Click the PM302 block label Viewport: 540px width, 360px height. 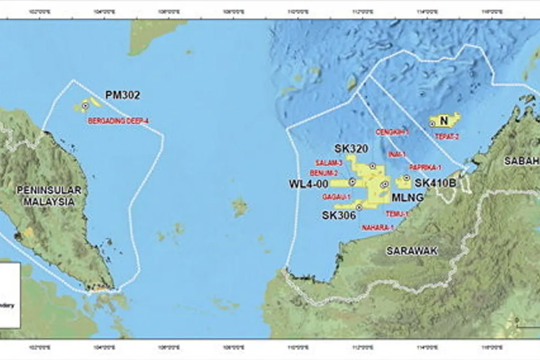point(122,95)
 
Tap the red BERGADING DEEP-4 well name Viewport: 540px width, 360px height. point(118,120)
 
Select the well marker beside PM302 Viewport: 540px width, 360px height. point(85,105)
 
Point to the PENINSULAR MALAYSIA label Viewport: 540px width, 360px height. point(50,196)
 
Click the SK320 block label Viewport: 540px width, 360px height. point(351,149)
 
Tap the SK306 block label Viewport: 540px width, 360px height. point(339,216)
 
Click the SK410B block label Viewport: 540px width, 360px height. point(435,182)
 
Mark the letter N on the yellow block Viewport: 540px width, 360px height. point(444,120)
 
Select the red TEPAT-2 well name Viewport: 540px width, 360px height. point(447,136)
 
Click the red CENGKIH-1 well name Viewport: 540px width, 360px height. point(392,132)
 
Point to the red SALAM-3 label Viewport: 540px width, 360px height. point(329,163)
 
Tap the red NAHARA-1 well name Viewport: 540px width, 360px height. point(378,227)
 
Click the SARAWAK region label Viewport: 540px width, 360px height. point(412,251)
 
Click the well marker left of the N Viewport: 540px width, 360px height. point(432,124)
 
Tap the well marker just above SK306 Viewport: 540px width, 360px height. point(359,207)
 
